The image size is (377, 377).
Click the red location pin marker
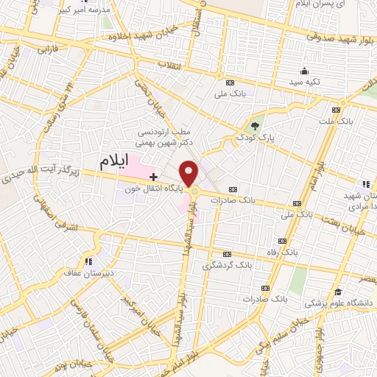tap(189, 173)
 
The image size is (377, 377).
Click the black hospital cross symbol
tap(153, 177)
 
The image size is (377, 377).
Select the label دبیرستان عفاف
tap(88, 273)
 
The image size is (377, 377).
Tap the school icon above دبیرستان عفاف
tap(88, 261)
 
